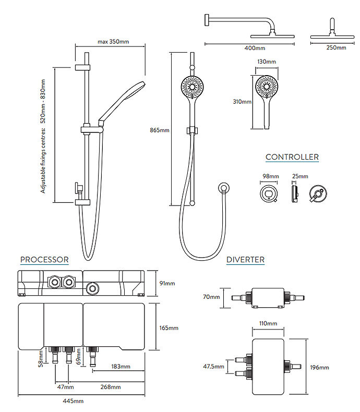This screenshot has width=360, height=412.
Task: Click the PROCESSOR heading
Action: [x=44, y=259]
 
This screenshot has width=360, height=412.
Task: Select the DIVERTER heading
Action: [x=245, y=260]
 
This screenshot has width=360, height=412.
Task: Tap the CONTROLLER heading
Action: [x=292, y=157]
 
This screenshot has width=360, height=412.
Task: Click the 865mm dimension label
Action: [x=159, y=130]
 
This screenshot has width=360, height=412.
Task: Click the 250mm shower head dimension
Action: [x=335, y=48]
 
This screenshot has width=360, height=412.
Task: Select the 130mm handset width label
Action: [x=267, y=62]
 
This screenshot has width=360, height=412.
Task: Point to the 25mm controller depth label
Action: [x=300, y=177]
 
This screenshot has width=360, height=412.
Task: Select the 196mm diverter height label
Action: [x=320, y=368]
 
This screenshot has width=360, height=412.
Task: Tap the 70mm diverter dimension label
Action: [x=212, y=297]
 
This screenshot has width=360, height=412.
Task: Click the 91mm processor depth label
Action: [x=167, y=283]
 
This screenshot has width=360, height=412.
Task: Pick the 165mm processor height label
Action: [x=169, y=328]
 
